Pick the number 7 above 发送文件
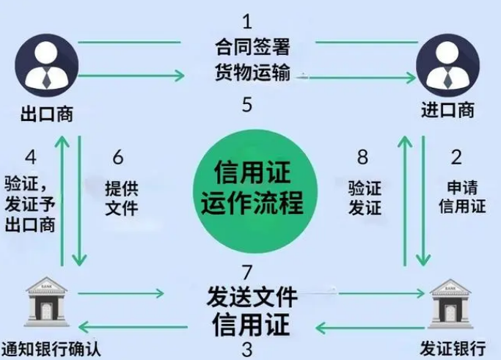(x=247, y=273)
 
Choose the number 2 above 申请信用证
(x=456, y=156)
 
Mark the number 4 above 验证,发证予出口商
(x=30, y=156)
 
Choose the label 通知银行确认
(x=50, y=347)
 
